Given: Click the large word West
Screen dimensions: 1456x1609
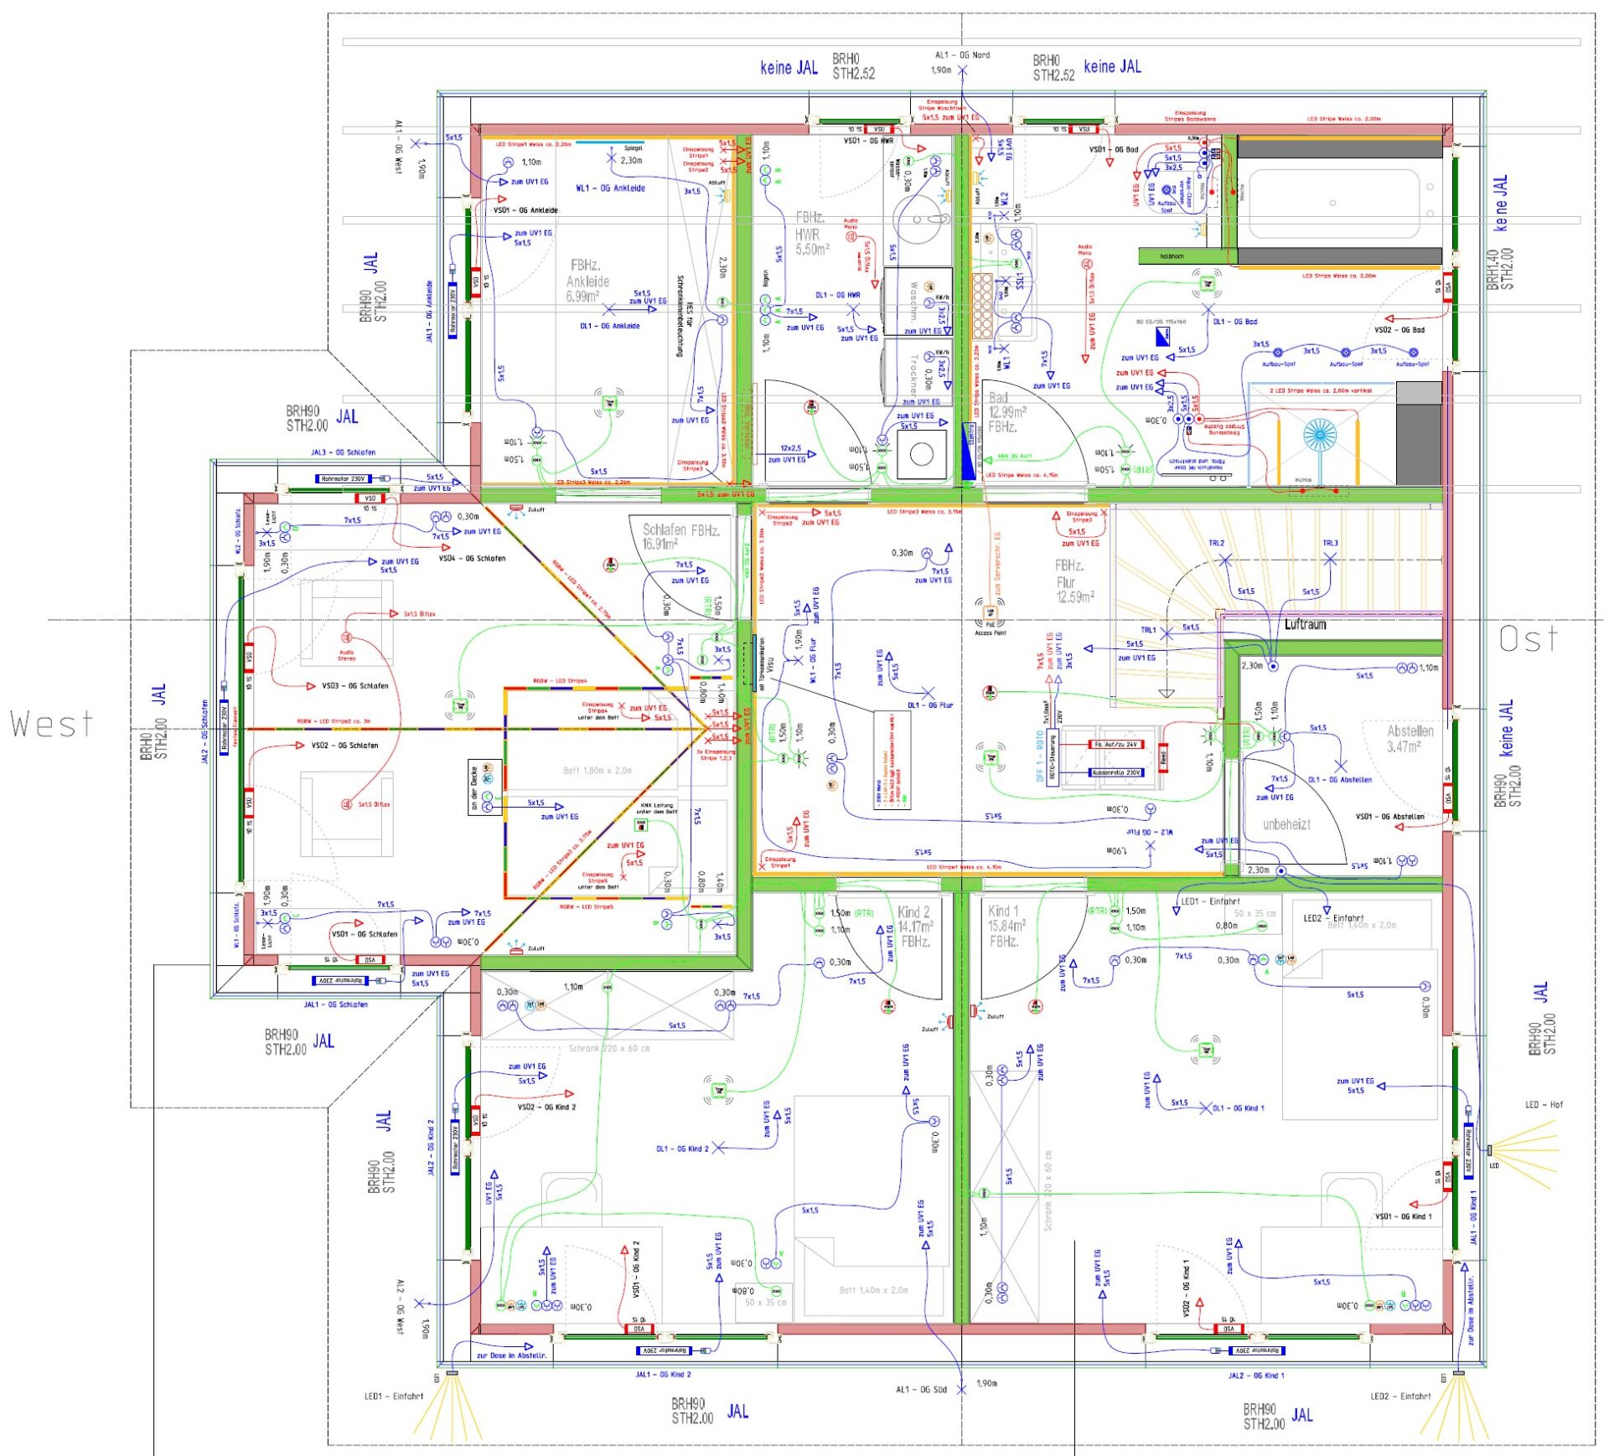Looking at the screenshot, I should (x=51, y=724).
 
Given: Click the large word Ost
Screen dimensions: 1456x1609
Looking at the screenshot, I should (x=1529, y=640).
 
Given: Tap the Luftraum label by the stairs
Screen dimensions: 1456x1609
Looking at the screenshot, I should (x=1305, y=625).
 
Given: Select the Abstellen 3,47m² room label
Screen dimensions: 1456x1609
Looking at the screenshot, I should (x=1410, y=739).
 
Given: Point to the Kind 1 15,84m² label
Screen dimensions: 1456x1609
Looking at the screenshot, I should (x=1006, y=926).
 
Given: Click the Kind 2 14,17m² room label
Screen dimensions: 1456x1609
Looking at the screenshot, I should (x=915, y=927).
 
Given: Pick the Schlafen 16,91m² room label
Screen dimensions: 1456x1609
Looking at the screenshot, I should (x=680, y=536).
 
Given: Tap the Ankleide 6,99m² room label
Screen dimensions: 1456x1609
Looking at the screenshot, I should (x=587, y=281).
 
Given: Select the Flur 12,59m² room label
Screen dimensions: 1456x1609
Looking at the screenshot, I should (x=1074, y=581).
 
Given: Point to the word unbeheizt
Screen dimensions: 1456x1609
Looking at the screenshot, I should (x=1286, y=824).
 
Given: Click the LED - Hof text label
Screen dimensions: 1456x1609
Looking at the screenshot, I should (x=1544, y=1105).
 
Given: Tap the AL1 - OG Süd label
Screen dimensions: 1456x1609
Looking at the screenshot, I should (x=921, y=1390).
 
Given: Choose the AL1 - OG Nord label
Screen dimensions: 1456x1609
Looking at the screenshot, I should (x=962, y=55).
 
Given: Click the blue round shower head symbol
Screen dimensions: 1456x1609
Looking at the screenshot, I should (x=1319, y=434).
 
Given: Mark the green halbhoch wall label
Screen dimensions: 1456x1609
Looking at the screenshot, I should (x=1172, y=256).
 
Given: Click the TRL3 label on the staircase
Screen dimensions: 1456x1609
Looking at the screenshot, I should (x=1330, y=544).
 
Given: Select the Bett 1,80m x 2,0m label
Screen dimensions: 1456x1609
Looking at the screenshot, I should (x=598, y=771).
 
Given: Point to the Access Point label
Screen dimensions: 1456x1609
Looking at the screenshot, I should (x=990, y=633).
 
